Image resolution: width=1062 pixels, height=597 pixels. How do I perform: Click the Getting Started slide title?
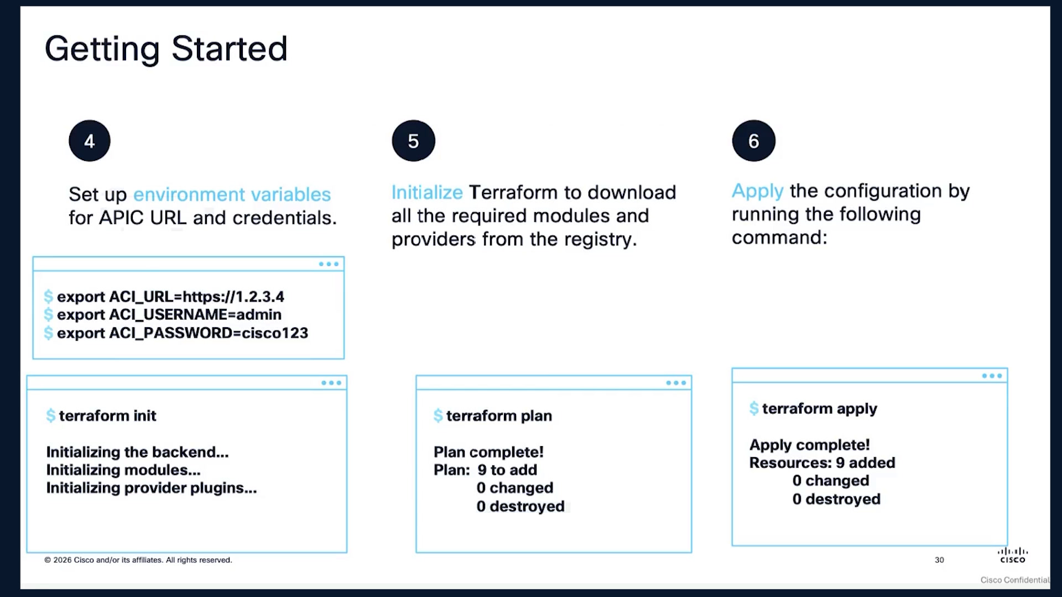click(166, 49)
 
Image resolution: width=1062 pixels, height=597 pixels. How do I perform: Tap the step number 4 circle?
click(90, 141)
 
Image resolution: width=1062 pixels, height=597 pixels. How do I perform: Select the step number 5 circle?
click(413, 141)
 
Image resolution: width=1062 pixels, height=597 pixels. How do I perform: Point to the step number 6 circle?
click(753, 141)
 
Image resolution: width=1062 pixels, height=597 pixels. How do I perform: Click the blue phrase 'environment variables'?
click(232, 195)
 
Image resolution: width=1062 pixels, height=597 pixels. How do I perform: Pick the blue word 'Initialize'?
click(427, 192)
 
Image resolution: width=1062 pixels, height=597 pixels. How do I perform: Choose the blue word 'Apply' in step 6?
click(757, 191)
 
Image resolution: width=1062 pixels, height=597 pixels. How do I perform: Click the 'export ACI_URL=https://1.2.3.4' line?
click(170, 297)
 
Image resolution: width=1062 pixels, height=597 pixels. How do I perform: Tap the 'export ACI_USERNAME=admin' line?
click(169, 315)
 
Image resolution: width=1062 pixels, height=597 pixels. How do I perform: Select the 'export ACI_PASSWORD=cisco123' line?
click(183, 333)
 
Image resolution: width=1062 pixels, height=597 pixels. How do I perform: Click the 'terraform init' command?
click(107, 416)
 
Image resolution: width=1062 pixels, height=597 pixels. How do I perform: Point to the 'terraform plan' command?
click(499, 416)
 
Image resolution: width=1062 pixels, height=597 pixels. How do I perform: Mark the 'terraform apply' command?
click(819, 409)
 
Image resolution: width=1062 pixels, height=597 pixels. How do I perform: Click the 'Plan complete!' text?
click(488, 452)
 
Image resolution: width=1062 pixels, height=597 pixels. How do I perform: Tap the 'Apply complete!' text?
click(809, 445)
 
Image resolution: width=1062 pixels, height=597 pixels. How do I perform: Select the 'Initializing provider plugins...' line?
click(152, 488)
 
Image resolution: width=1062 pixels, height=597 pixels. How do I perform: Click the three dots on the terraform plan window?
click(676, 383)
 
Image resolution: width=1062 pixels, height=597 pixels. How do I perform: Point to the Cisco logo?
click(1013, 555)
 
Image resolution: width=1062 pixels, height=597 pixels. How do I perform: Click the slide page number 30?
click(939, 560)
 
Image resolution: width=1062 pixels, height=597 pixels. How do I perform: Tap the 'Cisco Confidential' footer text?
click(1015, 580)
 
